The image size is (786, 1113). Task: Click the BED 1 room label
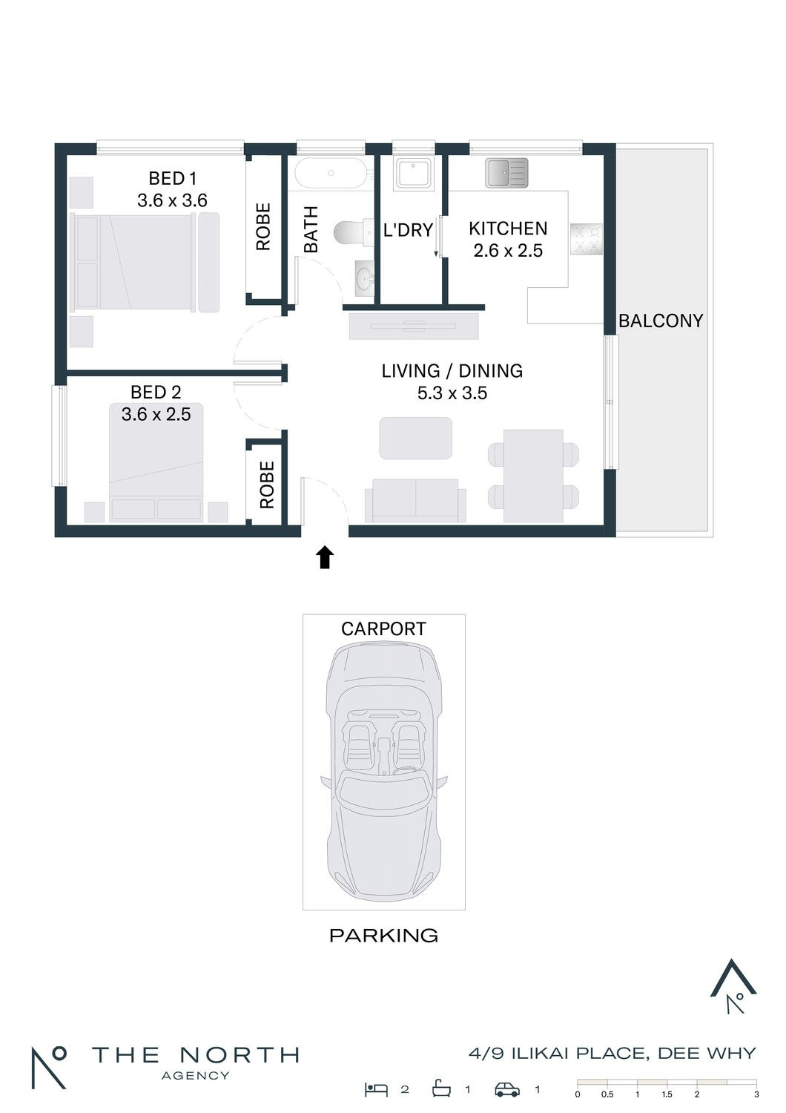pyautogui.click(x=173, y=178)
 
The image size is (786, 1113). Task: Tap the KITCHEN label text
pyautogui.click(x=508, y=229)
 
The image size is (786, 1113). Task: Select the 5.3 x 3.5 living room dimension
pyautogui.click(x=452, y=393)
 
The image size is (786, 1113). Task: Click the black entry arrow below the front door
pyautogui.click(x=325, y=557)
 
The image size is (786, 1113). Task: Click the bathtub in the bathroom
pyautogui.click(x=330, y=173)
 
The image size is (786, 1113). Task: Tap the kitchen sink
pyautogui.click(x=506, y=173)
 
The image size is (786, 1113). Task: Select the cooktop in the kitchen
pyautogui.click(x=587, y=239)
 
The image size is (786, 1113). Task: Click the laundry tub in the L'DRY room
pyautogui.click(x=413, y=172)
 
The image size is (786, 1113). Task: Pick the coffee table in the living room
pyautogui.click(x=415, y=439)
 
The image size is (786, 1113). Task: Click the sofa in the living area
pyautogui.click(x=415, y=500)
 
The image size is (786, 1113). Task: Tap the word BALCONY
pyautogui.click(x=661, y=321)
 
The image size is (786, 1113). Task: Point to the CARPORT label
pyautogui.click(x=383, y=629)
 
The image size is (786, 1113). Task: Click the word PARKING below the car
pyautogui.click(x=384, y=936)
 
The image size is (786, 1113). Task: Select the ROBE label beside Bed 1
pyautogui.click(x=263, y=226)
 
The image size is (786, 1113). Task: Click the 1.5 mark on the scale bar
pyautogui.click(x=667, y=1094)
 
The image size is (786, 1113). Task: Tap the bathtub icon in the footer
pyautogui.click(x=441, y=1089)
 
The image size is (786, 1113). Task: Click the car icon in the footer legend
pyautogui.click(x=507, y=1090)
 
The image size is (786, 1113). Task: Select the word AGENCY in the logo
pyautogui.click(x=195, y=1076)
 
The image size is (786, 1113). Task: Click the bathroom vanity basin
pyautogui.click(x=365, y=278)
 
